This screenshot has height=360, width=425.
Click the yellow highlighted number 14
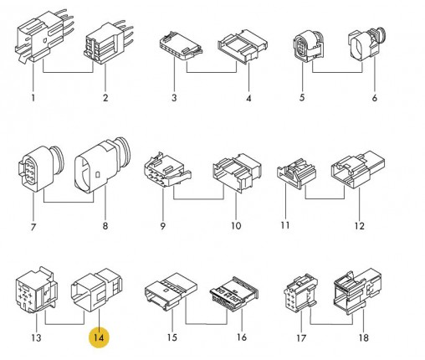[x=99, y=337]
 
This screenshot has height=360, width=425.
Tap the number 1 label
[x=33, y=98]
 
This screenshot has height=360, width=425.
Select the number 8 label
[x=105, y=226]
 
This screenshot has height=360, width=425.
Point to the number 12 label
[x=359, y=226]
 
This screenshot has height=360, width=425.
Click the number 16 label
[x=242, y=337]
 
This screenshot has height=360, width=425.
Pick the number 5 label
[x=302, y=98]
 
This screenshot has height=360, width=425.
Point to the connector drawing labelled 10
[x=237, y=172]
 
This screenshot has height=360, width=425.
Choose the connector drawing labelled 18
[x=357, y=291]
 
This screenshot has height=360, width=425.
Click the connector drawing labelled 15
[x=171, y=291]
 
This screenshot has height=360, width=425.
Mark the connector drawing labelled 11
[x=296, y=173]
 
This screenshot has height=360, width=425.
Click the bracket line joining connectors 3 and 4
[x=212, y=72]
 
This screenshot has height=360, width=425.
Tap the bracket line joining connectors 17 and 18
[x=331, y=324]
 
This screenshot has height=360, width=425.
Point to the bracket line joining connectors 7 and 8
[x=69, y=202]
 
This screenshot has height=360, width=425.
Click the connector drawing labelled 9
[x=167, y=170]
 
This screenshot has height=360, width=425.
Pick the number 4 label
[x=248, y=98]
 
